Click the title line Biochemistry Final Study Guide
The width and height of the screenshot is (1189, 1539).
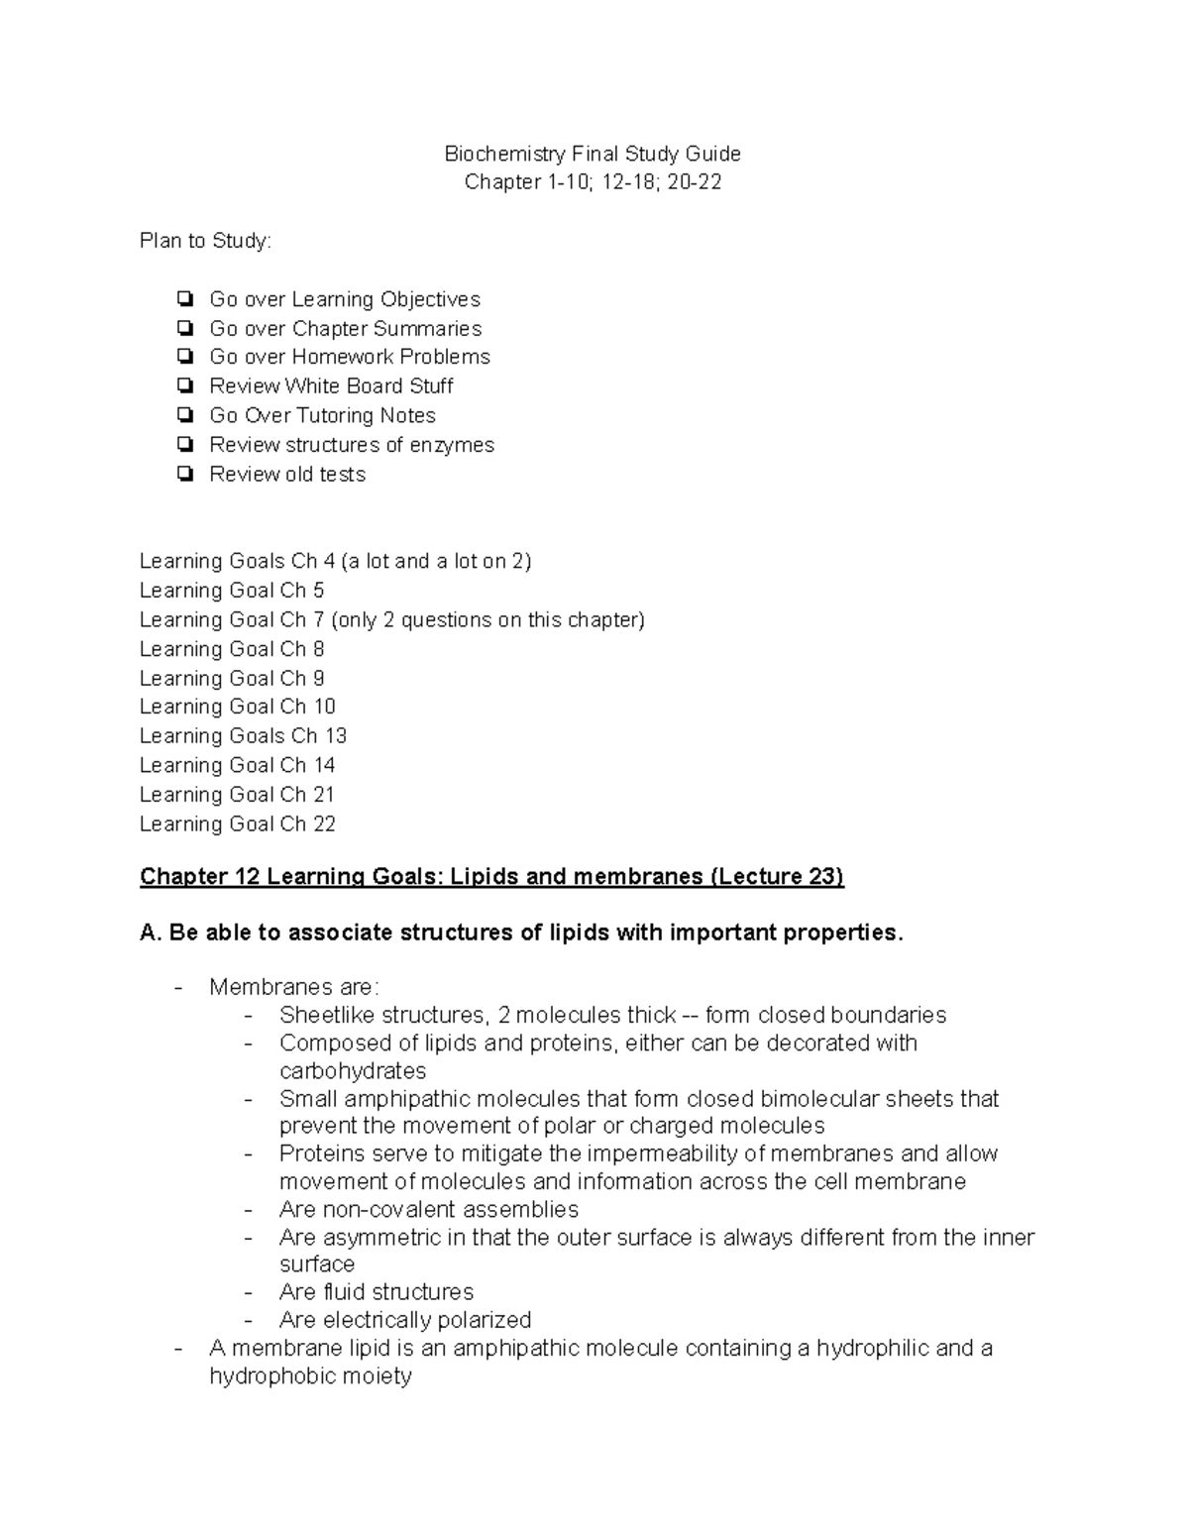click(593, 154)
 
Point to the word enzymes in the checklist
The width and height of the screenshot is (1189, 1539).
click(453, 445)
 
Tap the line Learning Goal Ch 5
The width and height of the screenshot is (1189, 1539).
click(232, 591)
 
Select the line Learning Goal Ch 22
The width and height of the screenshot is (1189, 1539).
click(238, 824)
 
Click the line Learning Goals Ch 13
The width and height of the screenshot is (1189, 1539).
click(243, 736)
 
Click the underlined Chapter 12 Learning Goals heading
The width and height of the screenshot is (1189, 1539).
click(491, 877)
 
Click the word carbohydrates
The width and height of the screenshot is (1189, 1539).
click(353, 1071)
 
